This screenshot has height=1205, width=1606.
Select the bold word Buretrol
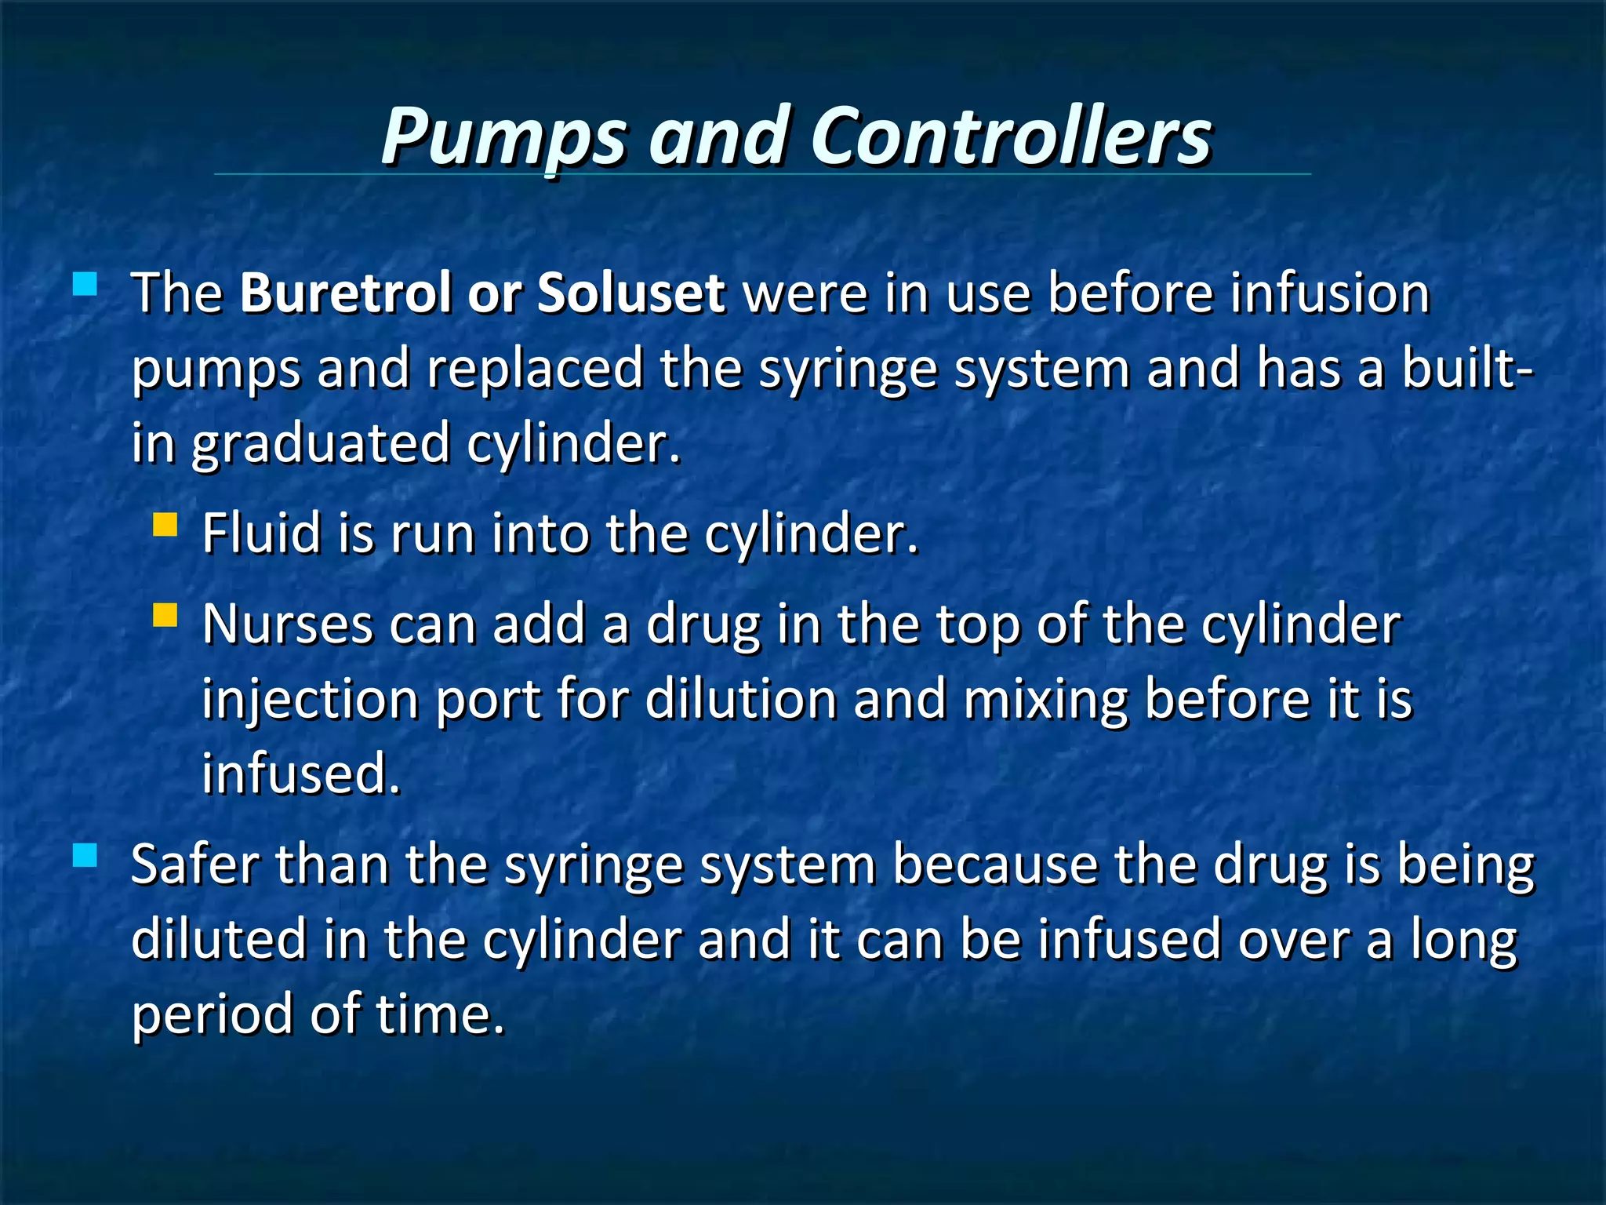pyautogui.click(x=345, y=293)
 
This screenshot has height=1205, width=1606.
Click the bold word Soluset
pyautogui.click(x=630, y=293)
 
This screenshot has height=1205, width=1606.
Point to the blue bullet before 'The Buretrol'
pyautogui.click(x=84, y=283)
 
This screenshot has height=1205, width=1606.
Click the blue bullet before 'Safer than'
pyautogui.click(x=84, y=856)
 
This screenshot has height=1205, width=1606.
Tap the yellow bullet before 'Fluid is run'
pyautogui.click(x=165, y=524)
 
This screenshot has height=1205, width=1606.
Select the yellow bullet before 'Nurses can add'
pyautogui.click(x=165, y=615)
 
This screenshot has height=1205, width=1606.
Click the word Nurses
pyautogui.click(x=287, y=625)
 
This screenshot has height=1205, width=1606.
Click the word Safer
pyautogui.click(x=194, y=865)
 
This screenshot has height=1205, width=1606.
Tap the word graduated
pyautogui.click(x=321, y=444)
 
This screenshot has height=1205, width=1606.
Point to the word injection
pyautogui.click(x=310, y=700)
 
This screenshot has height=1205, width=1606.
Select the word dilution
pyautogui.click(x=741, y=700)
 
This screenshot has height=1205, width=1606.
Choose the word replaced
pyautogui.click(x=535, y=369)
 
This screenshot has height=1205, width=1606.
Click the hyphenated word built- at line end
pyautogui.click(x=1467, y=369)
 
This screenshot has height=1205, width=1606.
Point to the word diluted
pyautogui.click(x=219, y=940)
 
